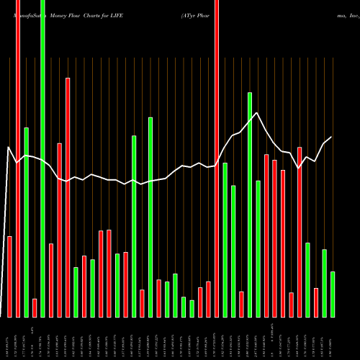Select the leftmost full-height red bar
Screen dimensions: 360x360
pos(18,158)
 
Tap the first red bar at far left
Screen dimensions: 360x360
pos(10,276)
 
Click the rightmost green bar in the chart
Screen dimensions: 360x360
pos(333,294)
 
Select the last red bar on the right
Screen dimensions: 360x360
pos(316,302)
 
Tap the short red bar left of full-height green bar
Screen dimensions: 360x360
pos(35,307)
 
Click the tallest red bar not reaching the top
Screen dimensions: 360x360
pos(68,197)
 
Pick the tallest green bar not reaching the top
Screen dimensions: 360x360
pos(250,204)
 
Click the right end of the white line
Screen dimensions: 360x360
pos(331,138)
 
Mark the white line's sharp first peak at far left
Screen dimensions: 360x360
pos(9,148)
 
